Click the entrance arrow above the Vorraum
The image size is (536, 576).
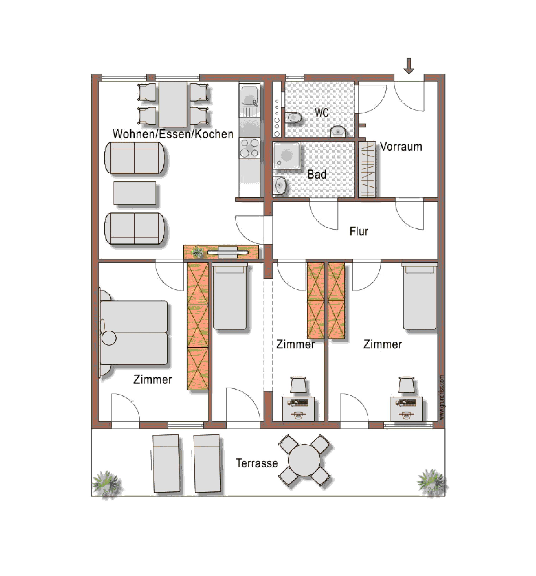point(409,66)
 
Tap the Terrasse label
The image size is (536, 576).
point(256,463)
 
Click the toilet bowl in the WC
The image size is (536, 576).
point(293,118)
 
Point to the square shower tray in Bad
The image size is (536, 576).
point(286,155)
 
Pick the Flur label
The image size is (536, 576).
point(359,231)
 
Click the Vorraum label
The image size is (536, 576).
point(401,147)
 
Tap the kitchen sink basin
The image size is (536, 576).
point(249,96)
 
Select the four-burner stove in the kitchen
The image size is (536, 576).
point(249,148)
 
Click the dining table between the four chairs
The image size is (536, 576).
point(173,104)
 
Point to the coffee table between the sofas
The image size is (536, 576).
point(135,193)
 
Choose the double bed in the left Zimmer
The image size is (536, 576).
point(134,333)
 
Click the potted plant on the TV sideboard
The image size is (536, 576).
point(198,252)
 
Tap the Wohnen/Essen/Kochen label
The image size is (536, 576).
point(173,134)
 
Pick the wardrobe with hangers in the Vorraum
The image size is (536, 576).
point(367,169)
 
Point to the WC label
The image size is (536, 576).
point(322,112)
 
